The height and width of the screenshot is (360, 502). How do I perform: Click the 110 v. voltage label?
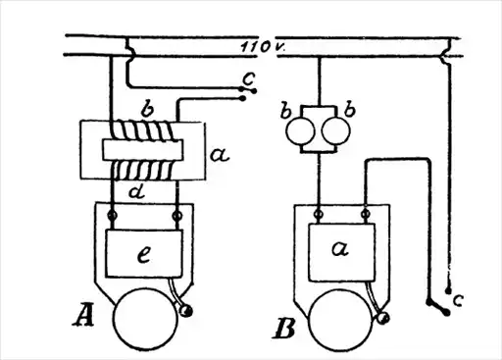pyautogui.click(x=263, y=47)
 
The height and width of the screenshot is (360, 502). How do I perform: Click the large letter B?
pyautogui.click(x=283, y=329)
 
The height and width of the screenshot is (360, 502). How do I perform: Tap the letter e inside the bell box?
pyautogui.click(x=144, y=254)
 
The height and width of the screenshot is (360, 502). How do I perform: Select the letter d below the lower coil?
pyautogui.click(x=137, y=191)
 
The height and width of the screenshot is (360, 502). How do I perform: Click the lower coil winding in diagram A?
pyautogui.click(x=143, y=171)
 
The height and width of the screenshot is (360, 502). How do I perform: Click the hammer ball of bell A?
pyautogui.click(x=186, y=311)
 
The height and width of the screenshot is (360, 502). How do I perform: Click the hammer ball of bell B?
pyautogui.click(x=382, y=318)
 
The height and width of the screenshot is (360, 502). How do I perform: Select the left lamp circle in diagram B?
pyautogui.click(x=300, y=131)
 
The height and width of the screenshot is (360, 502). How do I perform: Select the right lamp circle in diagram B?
pyautogui.click(x=336, y=131)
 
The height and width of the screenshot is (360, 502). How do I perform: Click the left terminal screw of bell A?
pyautogui.click(x=112, y=216)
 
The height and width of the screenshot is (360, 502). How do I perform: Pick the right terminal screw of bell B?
pyautogui.click(x=366, y=214)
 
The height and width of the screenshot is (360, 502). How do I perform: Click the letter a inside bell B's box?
pyautogui.click(x=340, y=248)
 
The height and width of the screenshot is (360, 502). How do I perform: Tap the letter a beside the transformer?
pyautogui.click(x=220, y=155)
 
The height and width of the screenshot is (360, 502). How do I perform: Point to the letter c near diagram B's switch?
pyautogui.click(x=458, y=300)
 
